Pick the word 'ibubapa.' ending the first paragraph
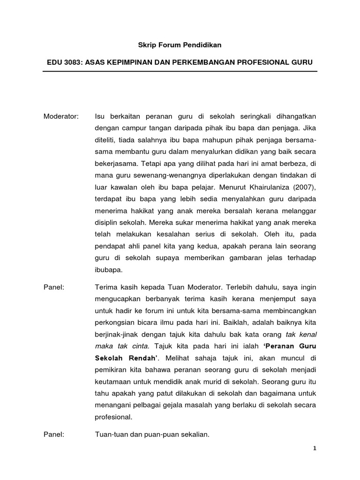108,270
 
